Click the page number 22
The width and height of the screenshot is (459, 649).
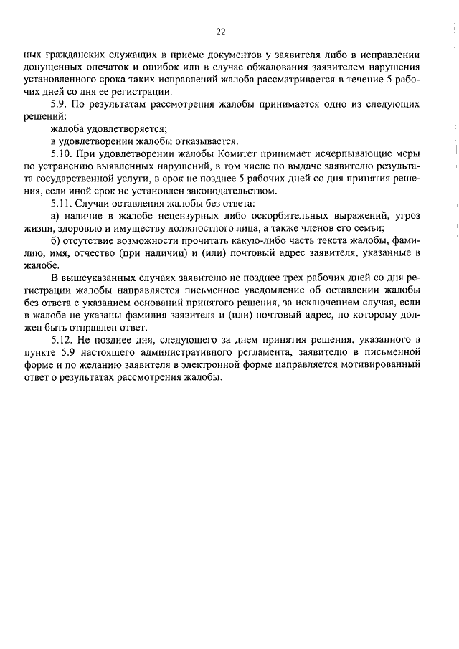(220, 32)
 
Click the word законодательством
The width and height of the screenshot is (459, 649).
(232, 191)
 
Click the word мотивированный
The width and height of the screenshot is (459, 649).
(380, 366)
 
